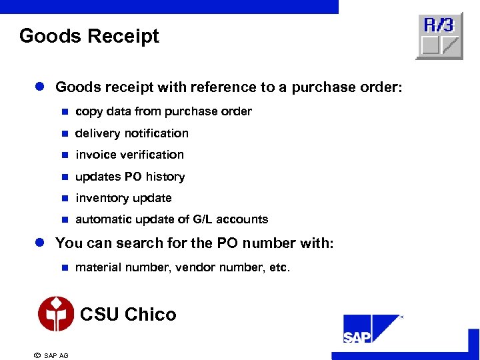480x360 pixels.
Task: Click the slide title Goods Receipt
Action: coord(89,36)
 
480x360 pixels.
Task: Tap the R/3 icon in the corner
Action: coord(439,35)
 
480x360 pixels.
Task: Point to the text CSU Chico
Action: coord(128,314)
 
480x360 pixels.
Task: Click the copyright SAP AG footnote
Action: coord(51,355)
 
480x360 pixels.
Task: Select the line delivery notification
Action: coord(132,133)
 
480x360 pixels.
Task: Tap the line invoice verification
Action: coord(129,155)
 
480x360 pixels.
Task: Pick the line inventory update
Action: coord(123,198)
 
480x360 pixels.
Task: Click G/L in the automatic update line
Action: coord(203,219)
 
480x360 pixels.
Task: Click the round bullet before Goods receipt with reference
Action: coord(40,87)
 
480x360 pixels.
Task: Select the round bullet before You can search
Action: coord(40,243)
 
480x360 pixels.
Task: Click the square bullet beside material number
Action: coord(65,268)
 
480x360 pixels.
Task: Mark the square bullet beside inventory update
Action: coord(65,198)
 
